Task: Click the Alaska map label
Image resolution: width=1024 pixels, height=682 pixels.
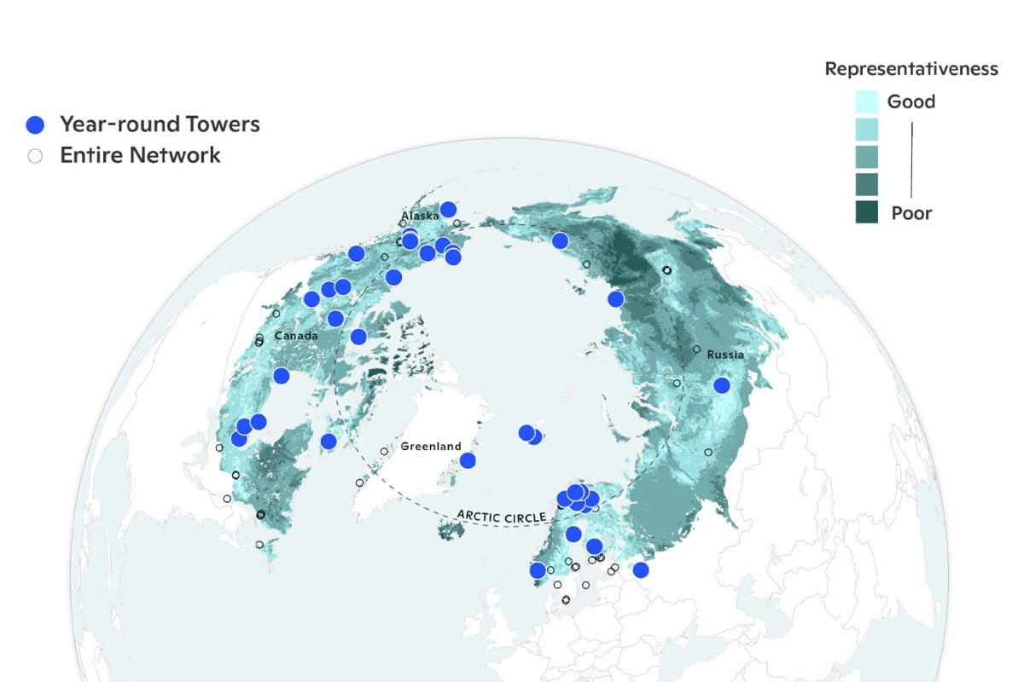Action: [x=420, y=217]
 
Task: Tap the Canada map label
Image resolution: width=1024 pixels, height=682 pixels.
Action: [x=296, y=336]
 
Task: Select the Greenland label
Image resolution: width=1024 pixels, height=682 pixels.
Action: [x=431, y=446]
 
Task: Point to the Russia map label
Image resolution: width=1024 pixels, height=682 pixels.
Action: [x=725, y=355]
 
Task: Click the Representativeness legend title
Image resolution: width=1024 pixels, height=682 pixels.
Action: [x=911, y=69]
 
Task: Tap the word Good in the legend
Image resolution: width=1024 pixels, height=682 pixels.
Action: [x=911, y=102]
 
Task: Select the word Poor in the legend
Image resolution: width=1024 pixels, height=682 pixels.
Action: [x=911, y=213]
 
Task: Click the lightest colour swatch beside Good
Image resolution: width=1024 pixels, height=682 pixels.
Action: [x=867, y=102]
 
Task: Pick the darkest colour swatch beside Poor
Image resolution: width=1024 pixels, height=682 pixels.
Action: [x=867, y=211]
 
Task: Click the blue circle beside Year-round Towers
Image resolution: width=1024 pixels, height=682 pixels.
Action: [x=35, y=124]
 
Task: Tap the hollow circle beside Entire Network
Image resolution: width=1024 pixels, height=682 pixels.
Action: [x=35, y=156]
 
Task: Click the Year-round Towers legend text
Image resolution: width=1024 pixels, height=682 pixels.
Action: [x=160, y=124]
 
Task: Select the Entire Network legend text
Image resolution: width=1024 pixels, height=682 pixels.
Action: [x=140, y=156]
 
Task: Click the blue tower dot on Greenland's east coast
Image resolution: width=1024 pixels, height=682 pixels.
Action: [x=468, y=460]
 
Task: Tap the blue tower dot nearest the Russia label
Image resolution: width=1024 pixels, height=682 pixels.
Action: [x=722, y=385]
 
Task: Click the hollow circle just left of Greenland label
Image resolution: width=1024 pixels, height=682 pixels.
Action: [x=384, y=451]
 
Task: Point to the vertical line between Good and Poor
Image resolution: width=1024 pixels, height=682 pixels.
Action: [x=912, y=159]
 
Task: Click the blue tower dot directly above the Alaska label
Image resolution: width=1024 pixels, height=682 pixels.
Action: [x=448, y=210]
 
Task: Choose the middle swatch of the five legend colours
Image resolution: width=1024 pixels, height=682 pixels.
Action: [x=867, y=157]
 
